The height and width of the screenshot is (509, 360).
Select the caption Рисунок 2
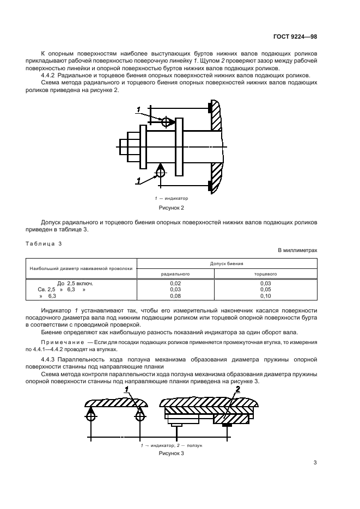coord(172,207)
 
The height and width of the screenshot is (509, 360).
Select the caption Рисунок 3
coord(172,452)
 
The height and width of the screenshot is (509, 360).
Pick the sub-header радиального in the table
coord(175,274)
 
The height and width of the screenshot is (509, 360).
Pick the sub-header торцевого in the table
coord(266,274)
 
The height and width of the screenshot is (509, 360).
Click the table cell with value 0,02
coord(175,284)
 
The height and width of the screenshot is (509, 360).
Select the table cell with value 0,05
coord(266,290)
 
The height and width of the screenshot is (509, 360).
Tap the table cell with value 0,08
coord(175,296)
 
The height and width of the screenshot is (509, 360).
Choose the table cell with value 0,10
coord(266,296)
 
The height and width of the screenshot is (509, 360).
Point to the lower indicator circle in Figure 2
coord(161,172)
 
